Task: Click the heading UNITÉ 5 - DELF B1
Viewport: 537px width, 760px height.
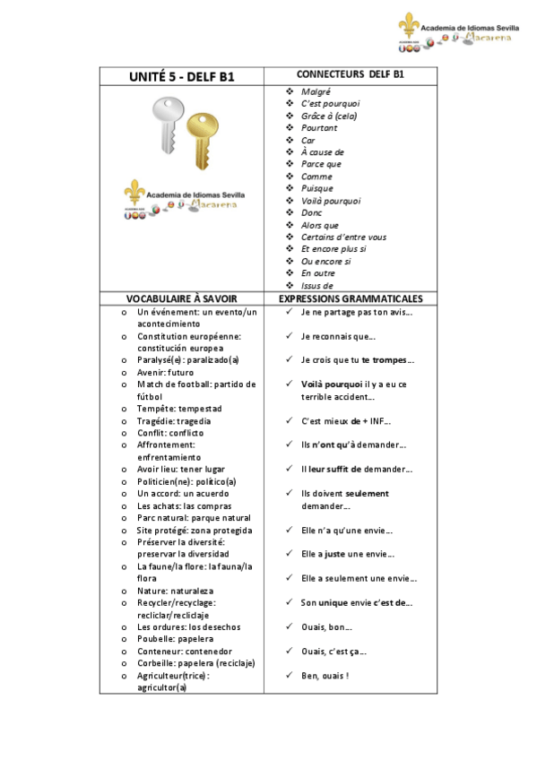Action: (181, 76)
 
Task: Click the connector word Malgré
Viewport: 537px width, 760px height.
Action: (316, 91)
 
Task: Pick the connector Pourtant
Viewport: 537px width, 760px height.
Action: (319, 128)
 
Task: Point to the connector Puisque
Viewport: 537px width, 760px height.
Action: (317, 188)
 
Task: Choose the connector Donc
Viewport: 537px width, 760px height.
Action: (311, 213)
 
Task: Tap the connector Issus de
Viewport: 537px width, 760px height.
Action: (317, 286)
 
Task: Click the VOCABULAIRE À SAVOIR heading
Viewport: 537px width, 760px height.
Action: (180, 298)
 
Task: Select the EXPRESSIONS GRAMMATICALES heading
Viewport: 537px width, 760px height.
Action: (351, 298)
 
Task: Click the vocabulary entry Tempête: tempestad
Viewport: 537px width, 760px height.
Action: (179, 409)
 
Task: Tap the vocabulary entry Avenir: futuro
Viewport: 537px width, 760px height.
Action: (165, 372)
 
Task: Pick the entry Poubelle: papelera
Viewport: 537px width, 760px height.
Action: (175, 639)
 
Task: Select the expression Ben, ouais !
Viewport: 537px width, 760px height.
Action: (325, 675)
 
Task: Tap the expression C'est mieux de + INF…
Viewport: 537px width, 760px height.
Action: (345, 420)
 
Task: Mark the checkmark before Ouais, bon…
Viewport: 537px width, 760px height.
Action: (290, 626)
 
